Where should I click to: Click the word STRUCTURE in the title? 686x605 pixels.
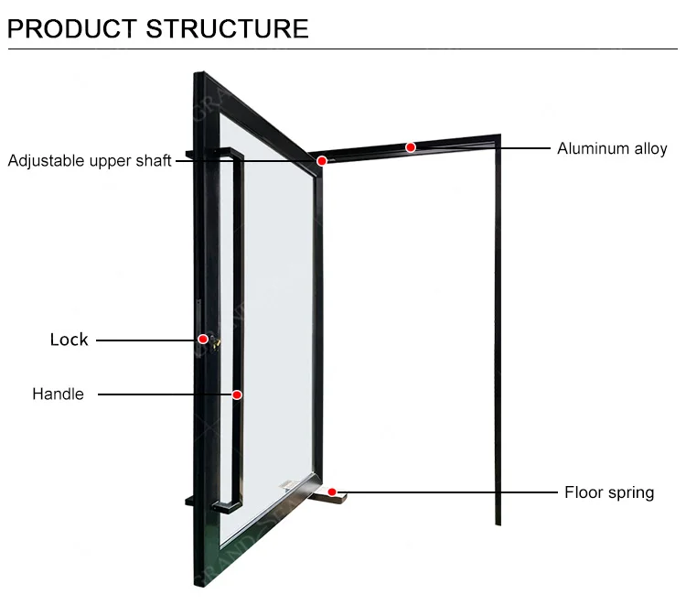click(x=228, y=27)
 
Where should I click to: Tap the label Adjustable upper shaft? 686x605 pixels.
click(x=90, y=161)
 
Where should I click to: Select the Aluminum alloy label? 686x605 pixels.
click(x=612, y=148)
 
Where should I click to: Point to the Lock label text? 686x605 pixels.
click(x=69, y=340)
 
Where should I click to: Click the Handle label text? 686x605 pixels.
click(x=58, y=394)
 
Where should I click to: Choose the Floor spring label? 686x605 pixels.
click(x=608, y=492)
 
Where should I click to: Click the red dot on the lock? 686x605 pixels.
click(x=203, y=340)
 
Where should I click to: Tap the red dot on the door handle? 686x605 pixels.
click(x=236, y=394)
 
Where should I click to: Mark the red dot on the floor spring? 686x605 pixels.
click(x=332, y=492)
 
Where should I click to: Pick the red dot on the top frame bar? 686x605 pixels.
click(x=411, y=146)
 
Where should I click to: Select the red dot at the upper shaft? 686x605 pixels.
click(x=322, y=160)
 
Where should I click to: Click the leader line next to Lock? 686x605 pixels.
click(x=146, y=340)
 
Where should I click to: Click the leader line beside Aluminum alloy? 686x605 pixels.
click(x=526, y=147)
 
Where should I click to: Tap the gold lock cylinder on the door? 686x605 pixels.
click(x=215, y=342)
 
